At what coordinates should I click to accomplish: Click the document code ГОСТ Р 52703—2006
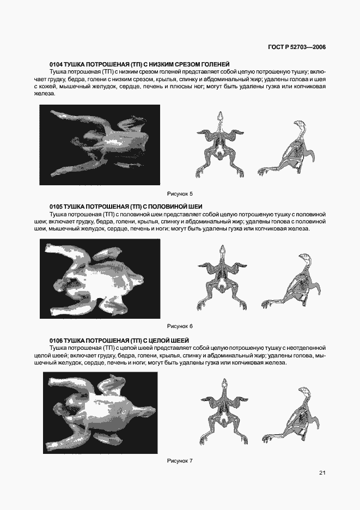[x=297, y=47]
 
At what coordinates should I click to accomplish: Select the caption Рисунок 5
[x=180, y=193]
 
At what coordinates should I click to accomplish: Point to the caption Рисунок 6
[x=180, y=326]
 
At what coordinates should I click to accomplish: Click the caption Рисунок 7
[x=180, y=461]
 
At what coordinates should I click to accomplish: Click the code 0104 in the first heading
[x=56, y=64]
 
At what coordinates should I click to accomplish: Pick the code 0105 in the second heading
[x=56, y=207]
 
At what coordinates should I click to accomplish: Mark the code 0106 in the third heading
[x=56, y=340]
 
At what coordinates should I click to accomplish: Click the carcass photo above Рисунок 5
[x=100, y=144]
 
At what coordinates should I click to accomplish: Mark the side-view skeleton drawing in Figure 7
[x=289, y=416]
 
